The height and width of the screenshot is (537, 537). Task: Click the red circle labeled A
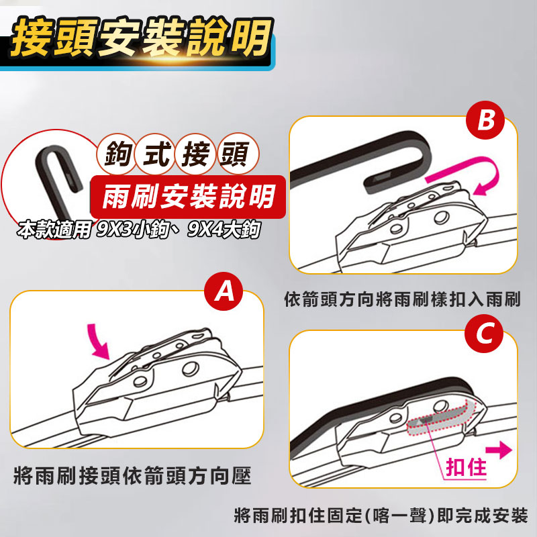[x=224, y=291]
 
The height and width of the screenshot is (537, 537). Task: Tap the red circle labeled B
[x=485, y=120]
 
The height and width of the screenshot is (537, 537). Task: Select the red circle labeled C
[x=484, y=334]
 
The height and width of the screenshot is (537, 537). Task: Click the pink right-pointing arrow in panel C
[x=499, y=450]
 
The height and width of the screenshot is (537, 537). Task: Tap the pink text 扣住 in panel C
[x=467, y=467]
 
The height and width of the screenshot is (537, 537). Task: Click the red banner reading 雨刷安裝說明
[x=188, y=197]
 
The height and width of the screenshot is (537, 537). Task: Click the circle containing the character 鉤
[x=116, y=154]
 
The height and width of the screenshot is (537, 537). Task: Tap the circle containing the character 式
[x=156, y=154]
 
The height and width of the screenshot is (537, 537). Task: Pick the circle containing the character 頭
[x=237, y=154]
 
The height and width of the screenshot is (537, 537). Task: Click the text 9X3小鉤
[x=133, y=230]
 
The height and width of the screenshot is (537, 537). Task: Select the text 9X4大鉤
[x=224, y=230]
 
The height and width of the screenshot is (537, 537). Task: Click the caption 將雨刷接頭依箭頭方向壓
[x=132, y=475]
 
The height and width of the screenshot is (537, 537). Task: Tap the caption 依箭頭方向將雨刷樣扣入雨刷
[x=402, y=299]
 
